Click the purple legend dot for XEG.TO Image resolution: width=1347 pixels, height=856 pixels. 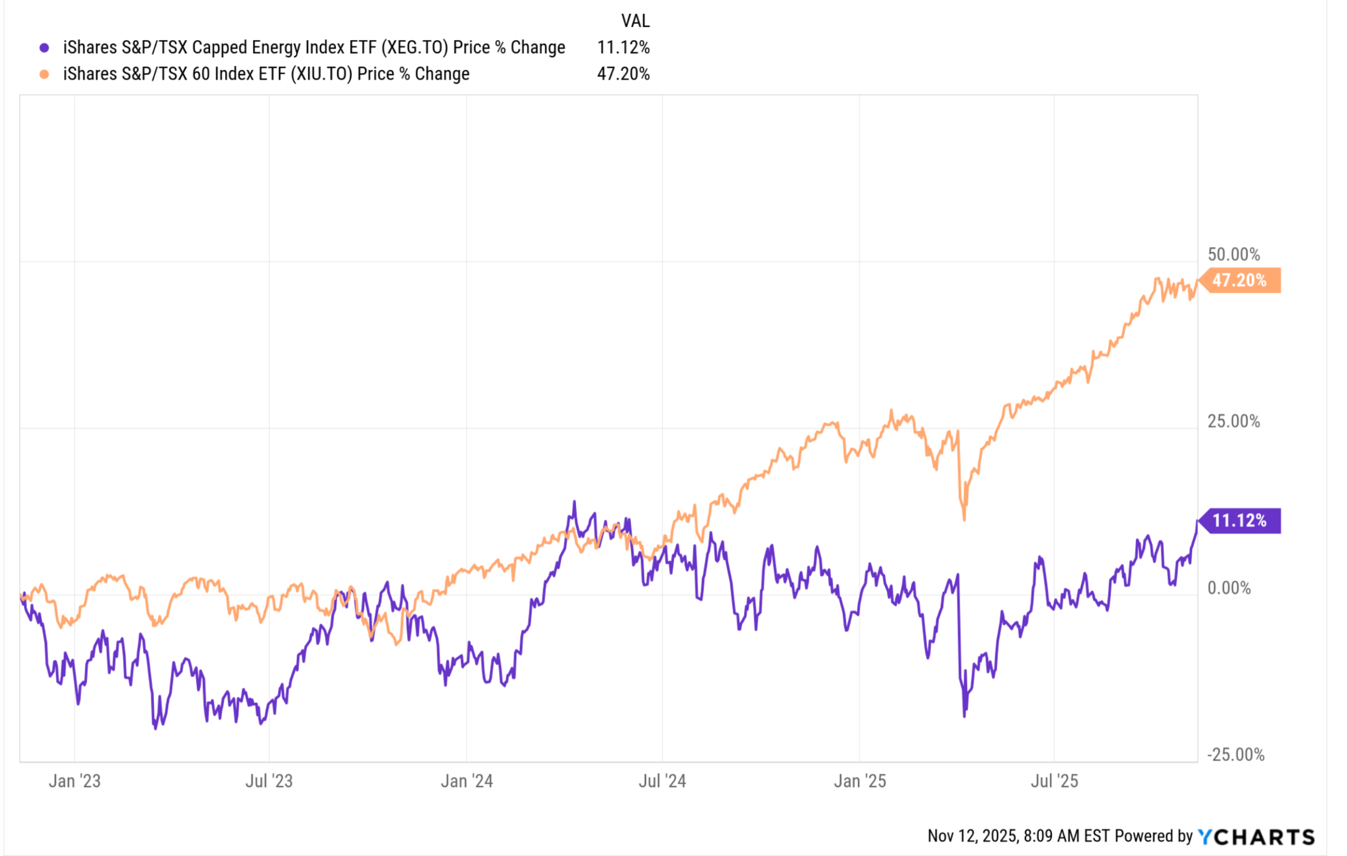[44, 48]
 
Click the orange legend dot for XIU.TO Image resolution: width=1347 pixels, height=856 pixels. [44, 74]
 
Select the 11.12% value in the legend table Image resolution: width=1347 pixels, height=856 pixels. [623, 47]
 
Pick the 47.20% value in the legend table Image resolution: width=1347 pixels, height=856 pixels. [623, 74]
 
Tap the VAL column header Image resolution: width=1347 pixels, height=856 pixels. [635, 21]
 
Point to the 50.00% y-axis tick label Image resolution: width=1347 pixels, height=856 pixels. [1233, 255]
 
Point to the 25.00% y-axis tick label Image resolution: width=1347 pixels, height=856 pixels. [1233, 421]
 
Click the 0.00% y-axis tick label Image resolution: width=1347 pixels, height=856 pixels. [1229, 588]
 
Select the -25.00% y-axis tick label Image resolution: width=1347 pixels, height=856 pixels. [1235, 755]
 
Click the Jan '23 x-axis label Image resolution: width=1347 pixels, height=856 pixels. [74, 781]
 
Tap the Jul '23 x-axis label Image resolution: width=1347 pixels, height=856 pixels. [269, 781]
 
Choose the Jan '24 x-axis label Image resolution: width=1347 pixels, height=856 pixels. [467, 781]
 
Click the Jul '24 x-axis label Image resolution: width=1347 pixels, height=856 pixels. [662, 781]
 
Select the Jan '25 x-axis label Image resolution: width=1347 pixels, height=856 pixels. [860, 781]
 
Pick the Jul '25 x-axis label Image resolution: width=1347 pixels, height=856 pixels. [1054, 781]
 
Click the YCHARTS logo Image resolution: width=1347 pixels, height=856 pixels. [1256, 837]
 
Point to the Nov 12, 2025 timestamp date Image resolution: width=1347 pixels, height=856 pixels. [972, 837]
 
